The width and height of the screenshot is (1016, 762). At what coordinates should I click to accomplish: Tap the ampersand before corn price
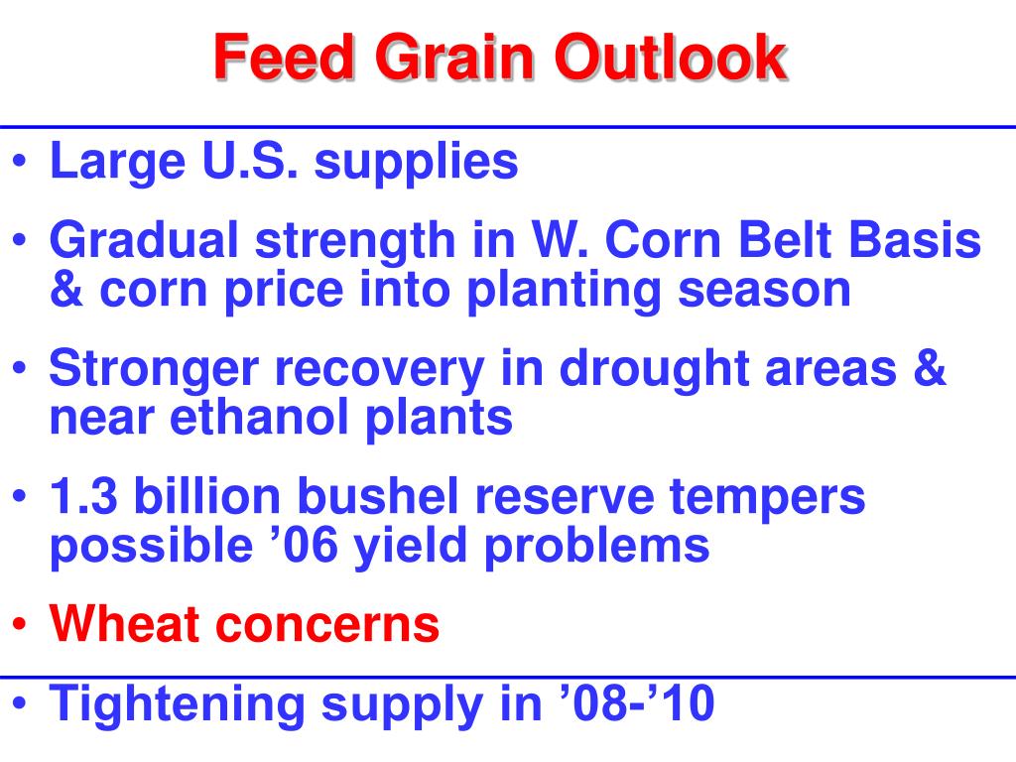tap(64, 289)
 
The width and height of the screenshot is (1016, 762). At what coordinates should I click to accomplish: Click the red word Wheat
tap(126, 624)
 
